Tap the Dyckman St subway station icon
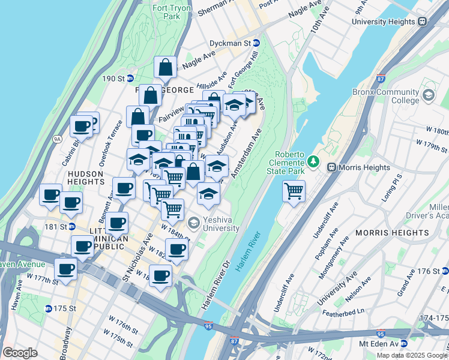pyautogui.click(x=256, y=43)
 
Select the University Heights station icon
pyautogui.click(x=422, y=21)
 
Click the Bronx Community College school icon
pyautogui.click(x=428, y=95)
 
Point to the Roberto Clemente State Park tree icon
pyautogui.click(x=313, y=161)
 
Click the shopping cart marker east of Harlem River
pyautogui.click(x=294, y=191)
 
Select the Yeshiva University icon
pyautogui.click(x=193, y=223)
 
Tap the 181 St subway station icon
pyautogui.click(x=71, y=227)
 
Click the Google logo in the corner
pyautogui.click(x=20, y=352)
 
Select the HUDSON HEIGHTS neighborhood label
pyautogui.click(x=85, y=177)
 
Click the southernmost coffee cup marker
pyautogui.click(x=160, y=275)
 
